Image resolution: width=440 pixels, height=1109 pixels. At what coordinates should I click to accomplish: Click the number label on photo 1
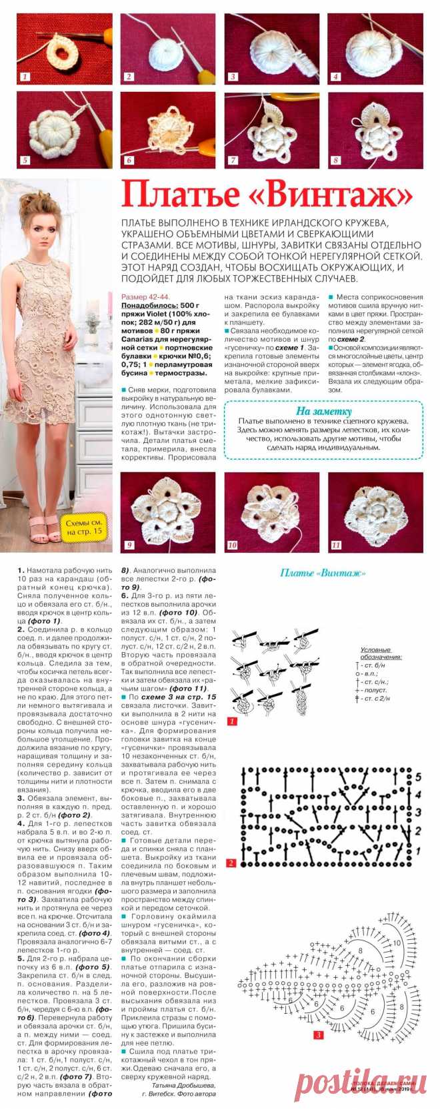25,77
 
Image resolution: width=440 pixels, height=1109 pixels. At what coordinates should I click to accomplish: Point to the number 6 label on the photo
129,161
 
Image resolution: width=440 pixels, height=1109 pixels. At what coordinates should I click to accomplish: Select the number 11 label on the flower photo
336,545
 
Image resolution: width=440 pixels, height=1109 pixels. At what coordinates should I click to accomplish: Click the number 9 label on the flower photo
129,545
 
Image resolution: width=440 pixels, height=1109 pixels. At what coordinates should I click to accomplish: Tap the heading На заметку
323,411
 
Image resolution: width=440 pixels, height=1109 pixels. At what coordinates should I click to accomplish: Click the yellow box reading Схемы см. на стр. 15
82,525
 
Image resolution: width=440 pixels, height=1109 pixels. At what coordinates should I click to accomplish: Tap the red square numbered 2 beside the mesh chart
231,863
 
